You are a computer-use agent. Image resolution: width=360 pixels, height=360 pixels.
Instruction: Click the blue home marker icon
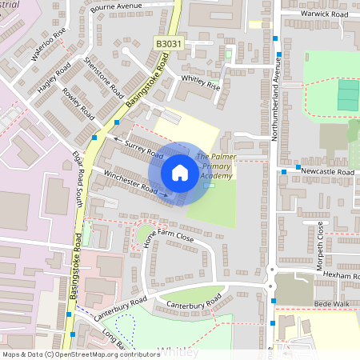coord(180,173)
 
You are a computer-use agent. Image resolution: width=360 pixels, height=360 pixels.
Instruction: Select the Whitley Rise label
coord(201,82)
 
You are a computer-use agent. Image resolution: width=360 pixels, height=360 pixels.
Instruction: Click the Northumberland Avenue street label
coord(273,102)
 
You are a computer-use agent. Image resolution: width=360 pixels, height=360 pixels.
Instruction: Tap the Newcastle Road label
coord(328,172)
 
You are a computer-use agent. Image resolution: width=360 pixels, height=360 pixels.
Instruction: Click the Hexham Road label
coord(338,274)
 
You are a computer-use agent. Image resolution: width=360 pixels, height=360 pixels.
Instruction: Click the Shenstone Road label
coord(106,78)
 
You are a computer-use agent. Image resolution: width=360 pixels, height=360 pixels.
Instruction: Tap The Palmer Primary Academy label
coord(214,166)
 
